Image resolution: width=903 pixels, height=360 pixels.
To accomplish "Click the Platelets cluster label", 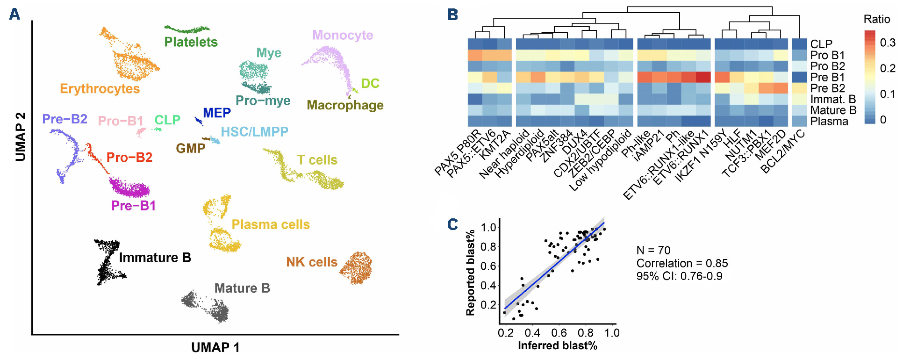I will pos(191,42).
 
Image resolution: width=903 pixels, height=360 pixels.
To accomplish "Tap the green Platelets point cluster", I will pos(187,29).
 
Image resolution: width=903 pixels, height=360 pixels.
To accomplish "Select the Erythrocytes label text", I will pos(100,89).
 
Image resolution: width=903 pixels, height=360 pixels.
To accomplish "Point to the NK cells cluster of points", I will pos(357,268).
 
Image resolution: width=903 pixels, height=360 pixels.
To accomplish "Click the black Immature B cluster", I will pos(108,262).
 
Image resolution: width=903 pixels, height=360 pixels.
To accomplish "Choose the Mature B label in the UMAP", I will pos(242,288).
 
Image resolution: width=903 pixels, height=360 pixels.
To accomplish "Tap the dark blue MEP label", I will pos(217,113).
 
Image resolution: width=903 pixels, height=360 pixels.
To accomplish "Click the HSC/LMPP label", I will pos(254,132).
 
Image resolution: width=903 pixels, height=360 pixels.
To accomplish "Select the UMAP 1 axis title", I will pos(215,347).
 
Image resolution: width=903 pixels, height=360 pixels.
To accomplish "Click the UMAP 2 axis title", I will pos(21,137).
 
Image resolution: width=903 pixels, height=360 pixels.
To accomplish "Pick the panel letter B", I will pos(452,14).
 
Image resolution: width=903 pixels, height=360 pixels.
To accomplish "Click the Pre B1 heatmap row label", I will pos(827,77).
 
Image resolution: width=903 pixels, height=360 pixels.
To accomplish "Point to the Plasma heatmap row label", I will pos(829,121).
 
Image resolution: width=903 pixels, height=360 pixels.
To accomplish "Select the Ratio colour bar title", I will pos(876,19).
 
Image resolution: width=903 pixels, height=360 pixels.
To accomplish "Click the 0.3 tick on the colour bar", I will pos(887,43).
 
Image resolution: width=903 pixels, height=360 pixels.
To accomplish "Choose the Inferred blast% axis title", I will pos(557,346).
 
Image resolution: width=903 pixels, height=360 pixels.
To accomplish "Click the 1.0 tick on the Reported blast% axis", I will pos(488,227).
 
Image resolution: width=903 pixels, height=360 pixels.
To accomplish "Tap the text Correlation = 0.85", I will pos(682,263).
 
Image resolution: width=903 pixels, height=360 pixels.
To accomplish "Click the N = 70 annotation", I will pos(653,251).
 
